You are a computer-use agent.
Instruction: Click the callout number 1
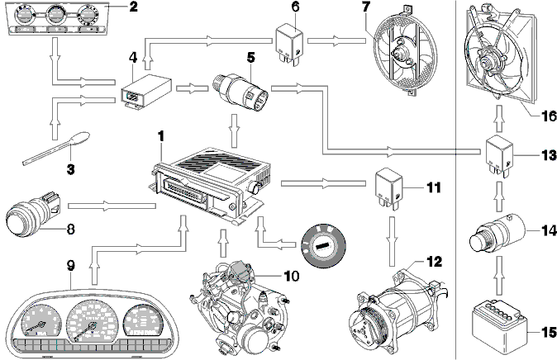(161, 136)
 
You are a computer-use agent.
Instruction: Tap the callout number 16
(549, 116)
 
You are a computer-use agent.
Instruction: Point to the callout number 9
(71, 265)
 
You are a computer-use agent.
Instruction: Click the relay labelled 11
(389, 188)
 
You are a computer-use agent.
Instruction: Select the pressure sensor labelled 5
(240, 91)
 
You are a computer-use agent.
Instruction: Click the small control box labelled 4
(145, 91)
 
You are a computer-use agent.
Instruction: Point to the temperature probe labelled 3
(56, 149)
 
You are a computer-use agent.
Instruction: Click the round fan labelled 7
(405, 53)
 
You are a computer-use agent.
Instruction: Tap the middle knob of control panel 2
(55, 14)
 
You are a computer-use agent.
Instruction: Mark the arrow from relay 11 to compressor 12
(392, 241)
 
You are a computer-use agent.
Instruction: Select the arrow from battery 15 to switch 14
(499, 276)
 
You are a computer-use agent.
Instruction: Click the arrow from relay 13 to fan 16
(499, 119)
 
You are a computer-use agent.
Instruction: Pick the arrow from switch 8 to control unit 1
(112, 206)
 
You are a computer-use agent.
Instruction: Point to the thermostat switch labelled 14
(497, 233)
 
